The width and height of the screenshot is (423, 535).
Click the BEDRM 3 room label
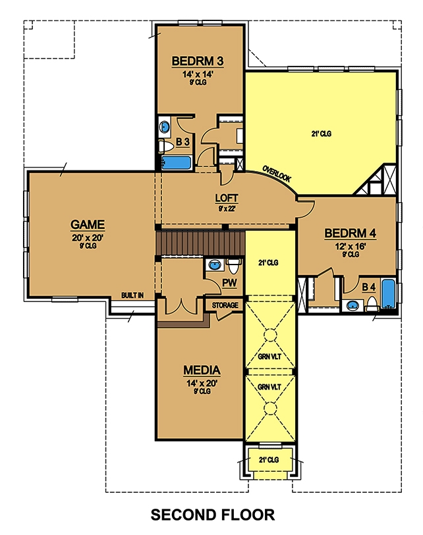coord(198,62)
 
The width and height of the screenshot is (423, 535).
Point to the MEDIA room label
coord(202,370)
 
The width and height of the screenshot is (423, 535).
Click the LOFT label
coord(226,198)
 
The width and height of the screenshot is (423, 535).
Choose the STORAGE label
coord(225,306)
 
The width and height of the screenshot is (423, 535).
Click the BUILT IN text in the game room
coord(132,295)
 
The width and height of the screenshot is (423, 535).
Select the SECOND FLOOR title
coord(212,514)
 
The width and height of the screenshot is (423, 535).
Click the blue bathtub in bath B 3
coord(175,162)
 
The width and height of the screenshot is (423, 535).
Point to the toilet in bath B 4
coord(372,303)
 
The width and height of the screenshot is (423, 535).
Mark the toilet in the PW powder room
coord(233,266)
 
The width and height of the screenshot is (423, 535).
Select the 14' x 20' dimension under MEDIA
coord(202,382)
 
